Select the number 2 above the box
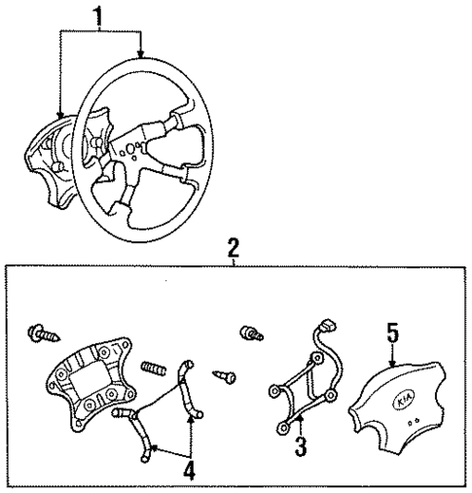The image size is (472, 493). pos(232,247)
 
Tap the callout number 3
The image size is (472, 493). pos(302,449)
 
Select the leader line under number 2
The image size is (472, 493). pos(232,260)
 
